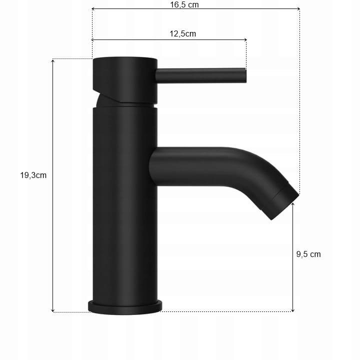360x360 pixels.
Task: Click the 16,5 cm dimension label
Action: (184, 4)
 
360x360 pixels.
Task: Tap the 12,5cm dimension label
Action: (183, 34)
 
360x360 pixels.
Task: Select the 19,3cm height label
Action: (33, 175)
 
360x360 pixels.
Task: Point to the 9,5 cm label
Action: (308, 254)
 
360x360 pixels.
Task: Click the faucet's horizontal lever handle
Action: (201, 75)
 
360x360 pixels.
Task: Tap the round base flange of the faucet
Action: (125, 307)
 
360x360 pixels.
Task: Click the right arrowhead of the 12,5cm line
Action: (245, 39)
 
